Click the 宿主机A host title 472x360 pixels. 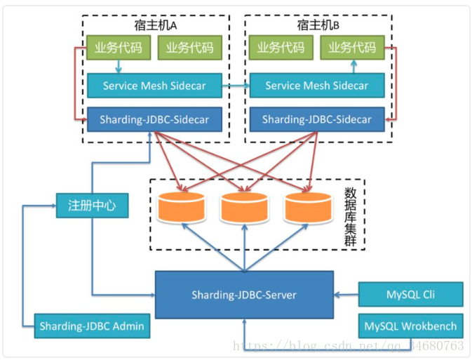155,25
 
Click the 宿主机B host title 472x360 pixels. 318,25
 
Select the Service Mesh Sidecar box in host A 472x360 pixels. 154,86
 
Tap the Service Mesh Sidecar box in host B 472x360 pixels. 317,85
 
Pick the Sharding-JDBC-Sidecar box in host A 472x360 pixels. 154,119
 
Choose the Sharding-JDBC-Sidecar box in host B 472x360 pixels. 317,119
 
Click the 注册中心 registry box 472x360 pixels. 92,206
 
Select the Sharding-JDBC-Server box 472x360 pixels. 244,295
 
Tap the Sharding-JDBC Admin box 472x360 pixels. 92,326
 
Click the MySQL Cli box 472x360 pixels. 410,294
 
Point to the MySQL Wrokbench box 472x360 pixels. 410,326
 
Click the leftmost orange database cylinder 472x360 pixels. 182,207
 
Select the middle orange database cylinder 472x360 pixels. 244,207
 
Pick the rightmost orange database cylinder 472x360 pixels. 308,207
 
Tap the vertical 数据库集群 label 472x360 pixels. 350,216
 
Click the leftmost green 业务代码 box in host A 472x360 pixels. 119,48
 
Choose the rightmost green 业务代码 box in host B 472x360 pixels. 352,47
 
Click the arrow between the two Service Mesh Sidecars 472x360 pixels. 236,86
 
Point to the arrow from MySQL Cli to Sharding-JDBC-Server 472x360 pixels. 346,295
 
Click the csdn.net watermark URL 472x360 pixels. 349,345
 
